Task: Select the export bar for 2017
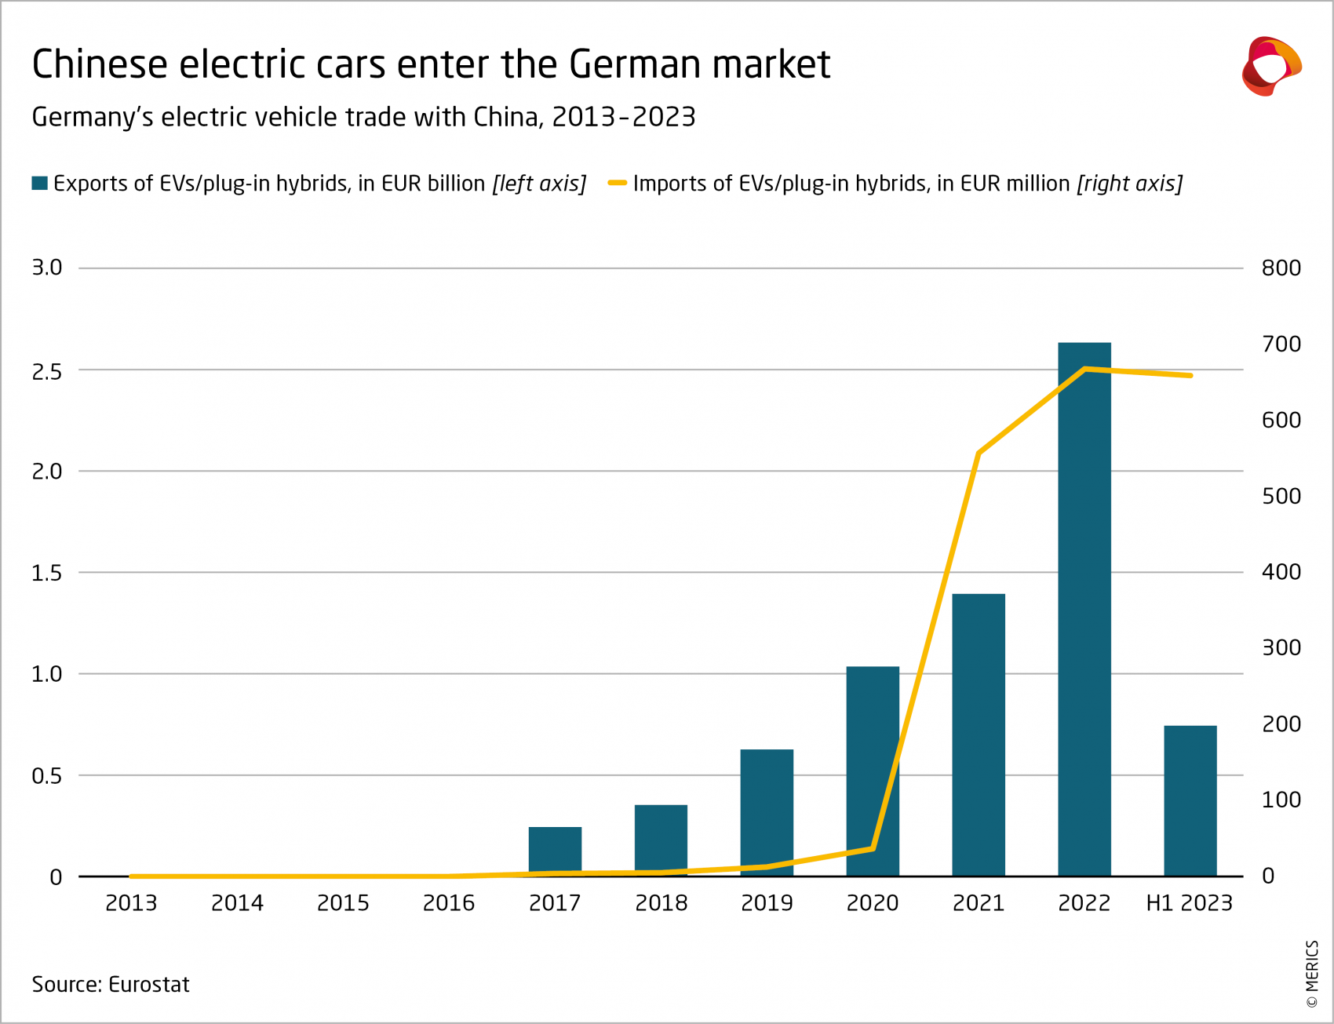(x=555, y=851)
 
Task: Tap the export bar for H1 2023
(x=1190, y=800)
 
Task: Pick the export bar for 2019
(x=767, y=812)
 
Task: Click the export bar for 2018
(x=661, y=840)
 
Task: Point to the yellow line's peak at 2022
(x=1084, y=368)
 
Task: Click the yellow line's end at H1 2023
(x=1190, y=376)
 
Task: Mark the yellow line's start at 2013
(x=131, y=876)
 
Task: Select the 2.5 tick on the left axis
(x=46, y=371)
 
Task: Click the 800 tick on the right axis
(x=1281, y=268)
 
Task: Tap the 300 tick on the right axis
(x=1281, y=648)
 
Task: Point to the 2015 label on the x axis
(x=343, y=903)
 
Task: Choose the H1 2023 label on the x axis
(x=1189, y=903)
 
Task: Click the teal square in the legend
(x=39, y=184)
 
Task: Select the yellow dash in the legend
(x=618, y=184)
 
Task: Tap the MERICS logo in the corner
(x=1270, y=66)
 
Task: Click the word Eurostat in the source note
(x=149, y=985)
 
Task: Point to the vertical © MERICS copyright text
(x=1312, y=974)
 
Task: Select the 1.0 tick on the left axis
(x=46, y=674)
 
